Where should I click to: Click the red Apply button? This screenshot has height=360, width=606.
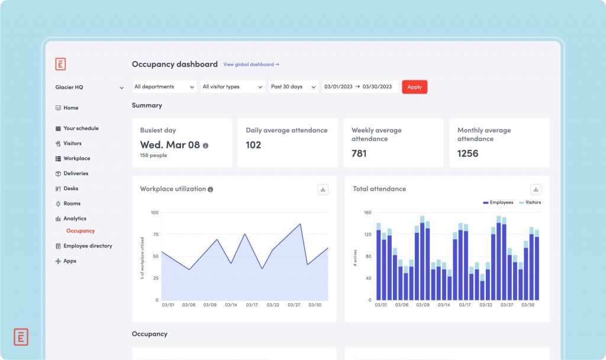pyautogui.click(x=414, y=87)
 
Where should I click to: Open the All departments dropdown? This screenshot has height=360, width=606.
pyautogui.click(x=165, y=87)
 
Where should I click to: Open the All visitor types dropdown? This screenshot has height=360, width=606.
pyautogui.click(x=233, y=87)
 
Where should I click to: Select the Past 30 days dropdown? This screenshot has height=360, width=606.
pyautogui.click(x=293, y=87)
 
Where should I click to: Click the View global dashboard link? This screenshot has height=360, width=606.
pyautogui.click(x=251, y=65)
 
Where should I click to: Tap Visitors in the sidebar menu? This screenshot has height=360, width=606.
pyautogui.click(x=72, y=143)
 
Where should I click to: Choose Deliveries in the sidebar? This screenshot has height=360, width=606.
pyautogui.click(x=76, y=173)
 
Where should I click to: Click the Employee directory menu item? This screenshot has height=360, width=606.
pyautogui.click(x=88, y=246)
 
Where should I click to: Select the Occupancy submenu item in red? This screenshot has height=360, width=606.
pyautogui.click(x=80, y=231)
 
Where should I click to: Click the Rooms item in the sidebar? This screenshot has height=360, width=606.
pyautogui.click(x=72, y=204)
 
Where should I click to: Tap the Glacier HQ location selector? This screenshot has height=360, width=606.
pyautogui.click(x=89, y=88)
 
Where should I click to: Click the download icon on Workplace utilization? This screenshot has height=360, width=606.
pyautogui.click(x=323, y=189)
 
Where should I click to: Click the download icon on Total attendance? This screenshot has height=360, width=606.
pyautogui.click(x=536, y=189)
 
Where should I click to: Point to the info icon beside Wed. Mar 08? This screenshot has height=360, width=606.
pyautogui.click(x=205, y=145)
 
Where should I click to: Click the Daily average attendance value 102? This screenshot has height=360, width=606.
pyautogui.click(x=253, y=145)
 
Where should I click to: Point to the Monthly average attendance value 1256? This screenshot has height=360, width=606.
pyautogui.click(x=468, y=153)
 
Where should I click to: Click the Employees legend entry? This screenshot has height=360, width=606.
pyautogui.click(x=499, y=202)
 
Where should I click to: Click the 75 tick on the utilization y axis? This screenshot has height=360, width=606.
pyautogui.click(x=154, y=234)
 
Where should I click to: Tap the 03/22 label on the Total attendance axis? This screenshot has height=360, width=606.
pyautogui.click(x=485, y=305)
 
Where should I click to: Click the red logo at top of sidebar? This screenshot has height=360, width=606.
pyautogui.click(x=60, y=65)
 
